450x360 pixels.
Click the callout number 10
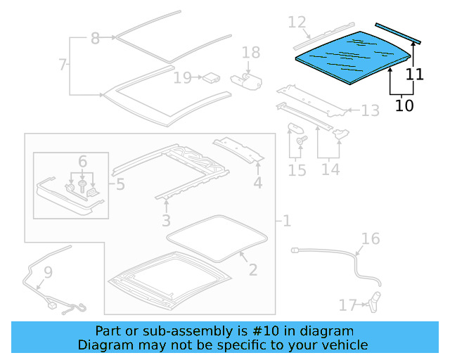[x=404, y=105]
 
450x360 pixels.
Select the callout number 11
[x=415, y=73]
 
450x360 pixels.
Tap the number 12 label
[x=297, y=22]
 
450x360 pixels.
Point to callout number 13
[x=370, y=110]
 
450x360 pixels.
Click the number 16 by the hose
[x=370, y=239]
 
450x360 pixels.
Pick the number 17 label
[x=347, y=304]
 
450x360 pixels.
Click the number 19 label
[x=183, y=77]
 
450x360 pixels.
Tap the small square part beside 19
[x=209, y=77]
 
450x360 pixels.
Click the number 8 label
[x=96, y=39]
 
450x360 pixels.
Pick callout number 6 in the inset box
[x=82, y=162]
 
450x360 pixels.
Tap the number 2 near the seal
[x=252, y=269]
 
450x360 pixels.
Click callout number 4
[x=258, y=184]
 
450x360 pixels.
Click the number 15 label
[x=297, y=170]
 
